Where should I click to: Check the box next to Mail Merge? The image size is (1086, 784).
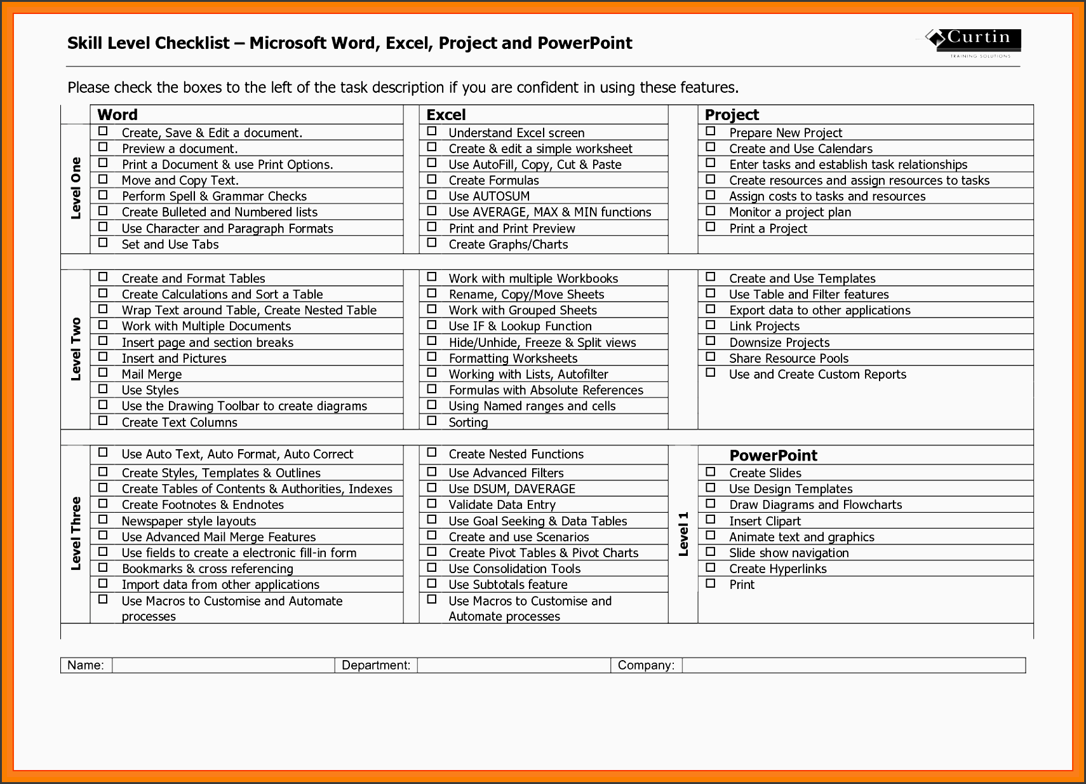point(103,373)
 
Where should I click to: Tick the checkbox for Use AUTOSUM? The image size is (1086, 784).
point(432,195)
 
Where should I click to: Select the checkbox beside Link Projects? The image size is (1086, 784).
point(711,325)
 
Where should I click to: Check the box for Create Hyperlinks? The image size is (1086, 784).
point(711,567)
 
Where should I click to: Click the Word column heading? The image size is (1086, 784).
point(117,115)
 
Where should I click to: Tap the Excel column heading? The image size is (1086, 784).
point(446,115)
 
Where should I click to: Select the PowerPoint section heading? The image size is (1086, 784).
point(773,456)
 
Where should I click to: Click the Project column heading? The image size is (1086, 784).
point(732,115)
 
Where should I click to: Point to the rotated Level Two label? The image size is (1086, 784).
point(76,349)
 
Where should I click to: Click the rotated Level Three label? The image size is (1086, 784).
point(76,533)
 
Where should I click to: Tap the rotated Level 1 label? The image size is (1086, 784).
point(683,534)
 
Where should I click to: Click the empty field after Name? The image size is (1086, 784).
point(223,665)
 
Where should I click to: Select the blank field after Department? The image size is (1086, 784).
point(514,665)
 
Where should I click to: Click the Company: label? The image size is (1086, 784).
point(646,665)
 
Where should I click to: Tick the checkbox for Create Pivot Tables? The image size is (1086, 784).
point(432,551)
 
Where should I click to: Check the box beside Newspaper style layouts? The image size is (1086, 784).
point(103,520)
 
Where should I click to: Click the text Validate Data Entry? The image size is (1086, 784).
point(502,505)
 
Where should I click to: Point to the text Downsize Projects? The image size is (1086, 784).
point(779,342)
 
